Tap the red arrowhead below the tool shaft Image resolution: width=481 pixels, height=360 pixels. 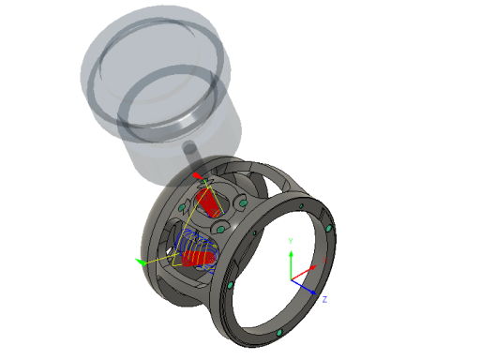click(195, 174)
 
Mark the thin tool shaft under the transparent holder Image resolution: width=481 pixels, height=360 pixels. click(190, 154)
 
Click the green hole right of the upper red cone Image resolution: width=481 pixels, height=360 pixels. click(239, 205)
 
